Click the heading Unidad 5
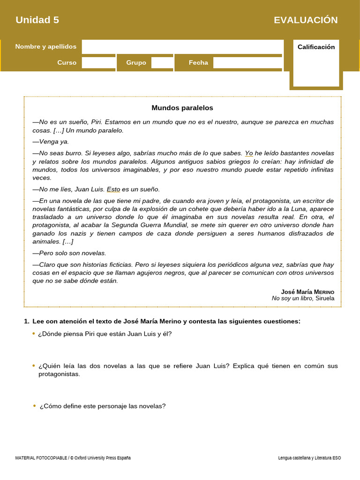pos(37,20)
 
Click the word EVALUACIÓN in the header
pos(306,20)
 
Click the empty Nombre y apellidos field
pos(182,46)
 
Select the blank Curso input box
pos(98,62)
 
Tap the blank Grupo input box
pos(162,62)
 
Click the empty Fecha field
pos(248,62)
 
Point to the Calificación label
pos(316,47)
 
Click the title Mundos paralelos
pos(182,108)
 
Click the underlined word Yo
pos(249,153)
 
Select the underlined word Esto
pos(113,189)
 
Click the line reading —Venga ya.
pos(51,142)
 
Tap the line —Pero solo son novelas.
pos(69,253)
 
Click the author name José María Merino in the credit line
pos(307,292)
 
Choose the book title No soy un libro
pos(292,298)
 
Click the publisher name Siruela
pos(325,298)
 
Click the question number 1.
pos(26,321)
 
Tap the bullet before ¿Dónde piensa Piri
pos(33,334)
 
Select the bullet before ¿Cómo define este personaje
pos(34,406)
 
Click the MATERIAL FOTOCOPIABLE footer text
pos(73,457)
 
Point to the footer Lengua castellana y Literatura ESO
pos(309,457)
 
